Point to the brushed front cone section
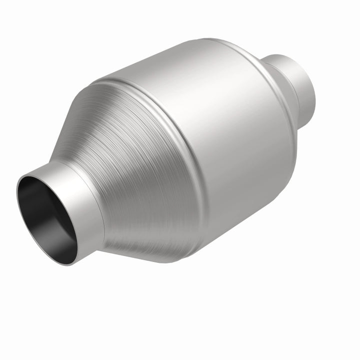pyautogui.click(x=135, y=165)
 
